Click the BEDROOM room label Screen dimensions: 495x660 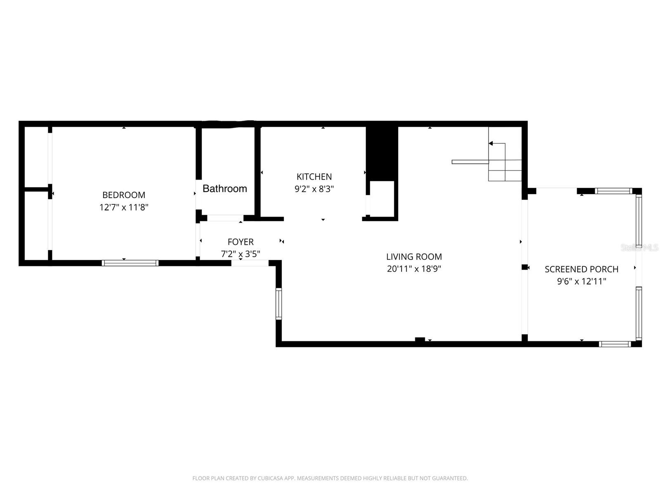tap(123, 195)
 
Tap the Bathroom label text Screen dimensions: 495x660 tap(225, 189)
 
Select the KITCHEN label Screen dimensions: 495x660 tap(314, 177)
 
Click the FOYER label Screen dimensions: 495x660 tap(240, 242)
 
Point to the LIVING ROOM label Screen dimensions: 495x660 tap(414, 257)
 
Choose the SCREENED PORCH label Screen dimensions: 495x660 tap(581, 269)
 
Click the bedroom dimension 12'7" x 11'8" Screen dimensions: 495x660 tap(123, 207)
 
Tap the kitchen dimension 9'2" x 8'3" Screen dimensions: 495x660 tap(314, 189)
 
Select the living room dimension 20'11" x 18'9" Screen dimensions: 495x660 tap(414, 269)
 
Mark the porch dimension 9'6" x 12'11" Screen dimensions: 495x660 tap(581, 282)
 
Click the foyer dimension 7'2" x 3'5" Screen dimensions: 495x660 tap(240, 254)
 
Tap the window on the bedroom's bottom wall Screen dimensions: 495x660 tap(130, 263)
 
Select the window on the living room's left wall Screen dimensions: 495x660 tap(279, 304)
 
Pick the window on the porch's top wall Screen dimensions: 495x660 tap(613, 191)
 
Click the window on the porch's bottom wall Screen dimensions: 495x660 tap(615, 344)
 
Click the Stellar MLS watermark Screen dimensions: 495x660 tap(639, 247)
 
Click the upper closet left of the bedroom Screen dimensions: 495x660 tap(36, 156)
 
